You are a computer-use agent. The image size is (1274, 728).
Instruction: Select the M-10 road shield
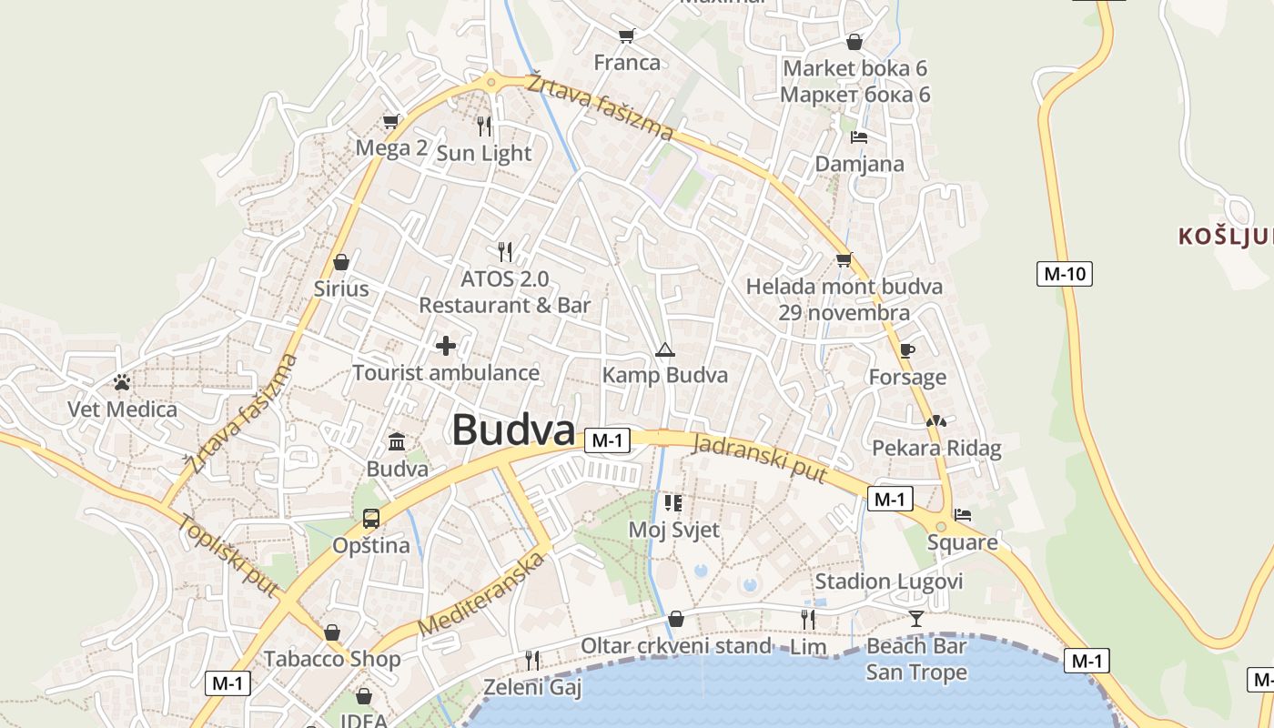point(1064,273)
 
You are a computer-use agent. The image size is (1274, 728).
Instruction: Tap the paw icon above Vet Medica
point(122,382)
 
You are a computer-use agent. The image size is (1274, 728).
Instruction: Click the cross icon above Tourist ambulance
point(446,346)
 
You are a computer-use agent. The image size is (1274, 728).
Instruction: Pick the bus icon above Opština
point(371,519)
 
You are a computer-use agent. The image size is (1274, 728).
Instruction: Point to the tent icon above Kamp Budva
point(665,349)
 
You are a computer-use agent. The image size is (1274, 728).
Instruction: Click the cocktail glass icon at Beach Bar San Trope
point(915,619)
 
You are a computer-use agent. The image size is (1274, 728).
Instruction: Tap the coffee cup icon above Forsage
point(906,350)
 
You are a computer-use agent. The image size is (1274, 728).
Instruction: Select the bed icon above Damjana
point(858,137)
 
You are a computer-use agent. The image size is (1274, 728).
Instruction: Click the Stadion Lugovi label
point(888,581)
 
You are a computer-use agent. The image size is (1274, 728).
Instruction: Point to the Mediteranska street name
point(481,595)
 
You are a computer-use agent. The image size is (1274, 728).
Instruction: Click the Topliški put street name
point(227,555)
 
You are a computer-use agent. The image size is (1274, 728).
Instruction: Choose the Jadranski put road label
point(760,459)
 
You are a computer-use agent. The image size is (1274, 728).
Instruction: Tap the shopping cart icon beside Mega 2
point(391,121)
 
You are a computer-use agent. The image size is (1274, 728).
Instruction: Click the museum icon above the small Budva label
point(397,442)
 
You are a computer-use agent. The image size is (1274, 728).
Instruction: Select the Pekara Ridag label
point(936,448)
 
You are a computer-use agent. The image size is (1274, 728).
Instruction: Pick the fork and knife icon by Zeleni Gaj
point(532,660)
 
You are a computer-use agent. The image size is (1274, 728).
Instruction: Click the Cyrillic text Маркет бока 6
point(854,95)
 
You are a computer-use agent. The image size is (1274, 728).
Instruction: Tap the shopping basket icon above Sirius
point(341,263)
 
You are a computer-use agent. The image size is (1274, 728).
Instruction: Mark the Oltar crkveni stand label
point(675,646)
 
